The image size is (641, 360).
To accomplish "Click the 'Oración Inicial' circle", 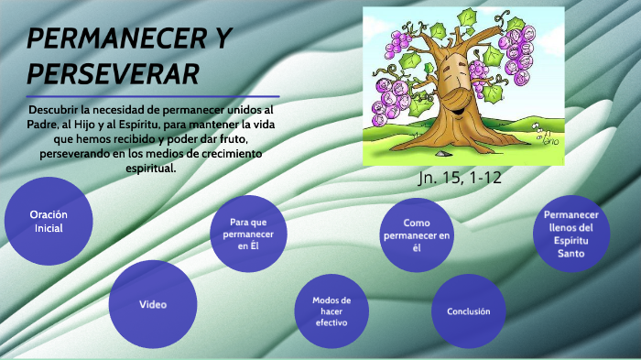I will pos(49,222).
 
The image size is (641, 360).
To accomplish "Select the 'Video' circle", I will pos(153,304).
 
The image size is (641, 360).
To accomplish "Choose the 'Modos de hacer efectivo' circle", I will pos(331,311).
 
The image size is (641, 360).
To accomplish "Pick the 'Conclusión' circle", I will pos(468,311).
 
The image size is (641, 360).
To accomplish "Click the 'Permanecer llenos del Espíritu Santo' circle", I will pos(571,234).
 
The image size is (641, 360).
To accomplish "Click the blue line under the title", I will pos(153,95).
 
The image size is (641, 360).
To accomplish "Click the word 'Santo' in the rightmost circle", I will pos(571,253).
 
